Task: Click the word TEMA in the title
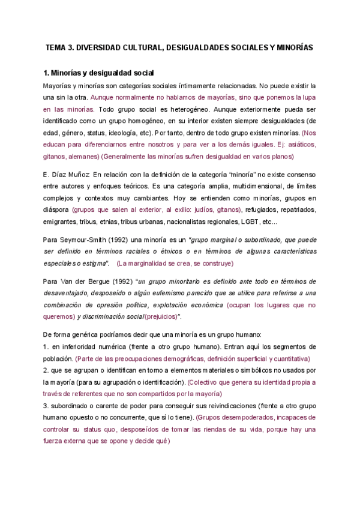click(x=58, y=47)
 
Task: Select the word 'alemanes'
click(x=80, y=156)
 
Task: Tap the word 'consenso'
click(x=301, y=174)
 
